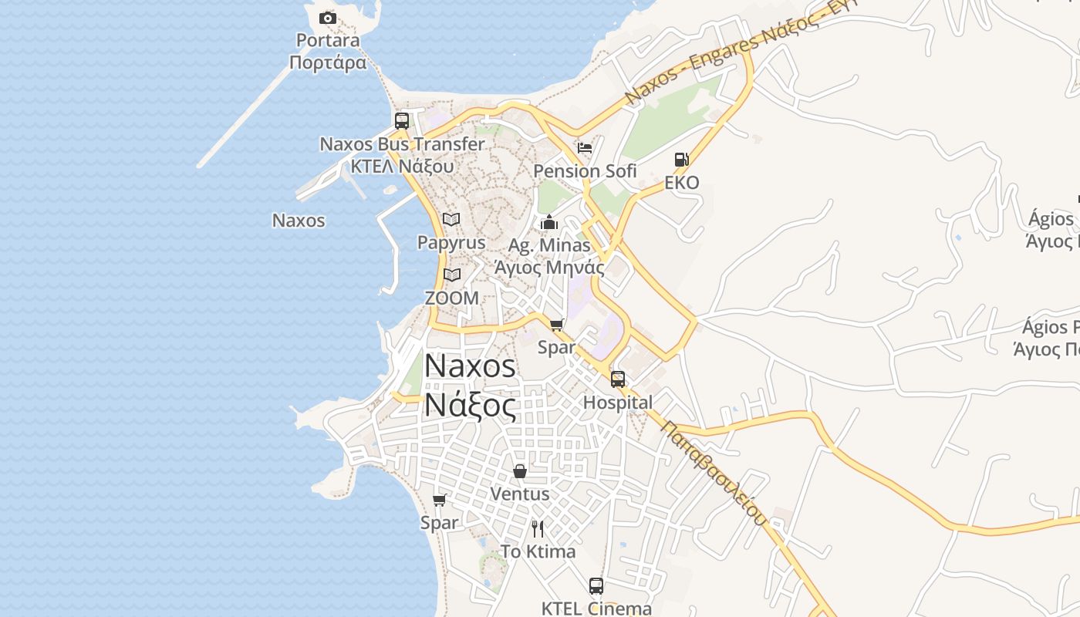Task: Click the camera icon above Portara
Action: (x=328, y=18)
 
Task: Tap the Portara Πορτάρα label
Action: (x=329, y=51)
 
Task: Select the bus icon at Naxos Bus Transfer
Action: (x=402, y=120)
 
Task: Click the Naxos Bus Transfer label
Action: (x=402, y=144)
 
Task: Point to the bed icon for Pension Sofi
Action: (x=585, y=147)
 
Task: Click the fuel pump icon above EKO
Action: (x=681, y=160)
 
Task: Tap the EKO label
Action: (x=682, y=183)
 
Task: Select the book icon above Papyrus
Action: (x=451, y=219)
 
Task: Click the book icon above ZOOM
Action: (x=451, y=275)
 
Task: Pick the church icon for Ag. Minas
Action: (x=549, y=223)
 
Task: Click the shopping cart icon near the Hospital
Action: (x=557, y=325)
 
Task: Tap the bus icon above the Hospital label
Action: (x=618, y=379)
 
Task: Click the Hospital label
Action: (x=618, y=403)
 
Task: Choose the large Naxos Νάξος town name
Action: (x=471, y=385)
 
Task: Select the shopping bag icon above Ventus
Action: (x=520, y=470)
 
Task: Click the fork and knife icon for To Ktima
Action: (x=538, y=528)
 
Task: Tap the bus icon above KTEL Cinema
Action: (x=596, y=585)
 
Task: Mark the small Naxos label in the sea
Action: (x=299, y=221)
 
